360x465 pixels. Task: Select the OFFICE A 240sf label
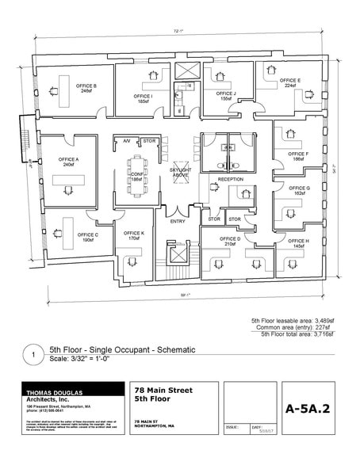[x=67, y=162]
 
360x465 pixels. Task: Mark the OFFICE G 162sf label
[x=301, y=190]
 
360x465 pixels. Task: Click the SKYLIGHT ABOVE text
[x=180, y=172]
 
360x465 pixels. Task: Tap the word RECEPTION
[x=230, y=180]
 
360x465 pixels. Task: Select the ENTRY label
[x=178, y=210]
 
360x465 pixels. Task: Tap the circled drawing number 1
[x=33, y=356]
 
